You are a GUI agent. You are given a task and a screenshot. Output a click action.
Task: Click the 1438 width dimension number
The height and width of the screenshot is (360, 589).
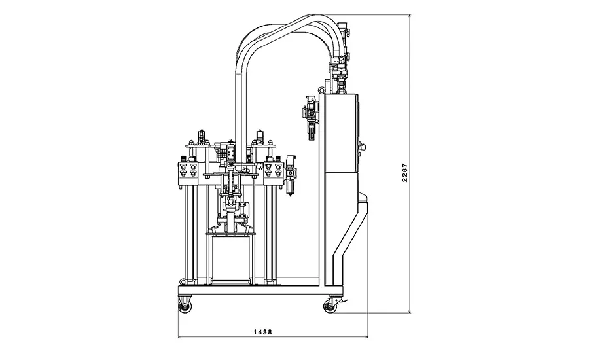(x=262, y=332)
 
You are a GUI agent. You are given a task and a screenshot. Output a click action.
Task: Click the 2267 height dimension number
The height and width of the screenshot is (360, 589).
(x=404, y=173)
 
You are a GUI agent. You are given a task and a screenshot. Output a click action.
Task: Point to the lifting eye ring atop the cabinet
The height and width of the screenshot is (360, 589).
(x=321, y=90)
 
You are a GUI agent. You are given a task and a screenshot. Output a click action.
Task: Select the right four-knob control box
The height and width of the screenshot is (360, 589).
(x=273, y=170)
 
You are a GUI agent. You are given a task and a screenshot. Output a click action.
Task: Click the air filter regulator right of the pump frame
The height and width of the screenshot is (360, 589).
(x=291, y=175)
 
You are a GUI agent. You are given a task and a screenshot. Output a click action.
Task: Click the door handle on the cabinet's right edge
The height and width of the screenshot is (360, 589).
(x=361, y=149)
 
